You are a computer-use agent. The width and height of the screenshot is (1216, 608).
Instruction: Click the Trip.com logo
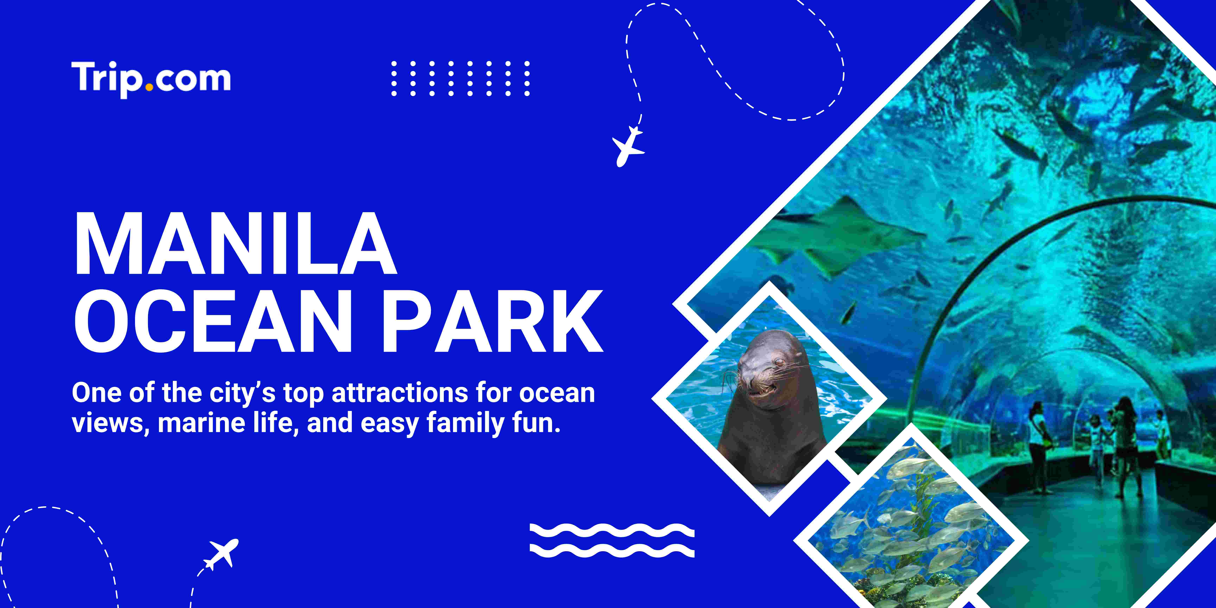151,79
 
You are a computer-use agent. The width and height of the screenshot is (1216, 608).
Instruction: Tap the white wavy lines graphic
612,540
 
